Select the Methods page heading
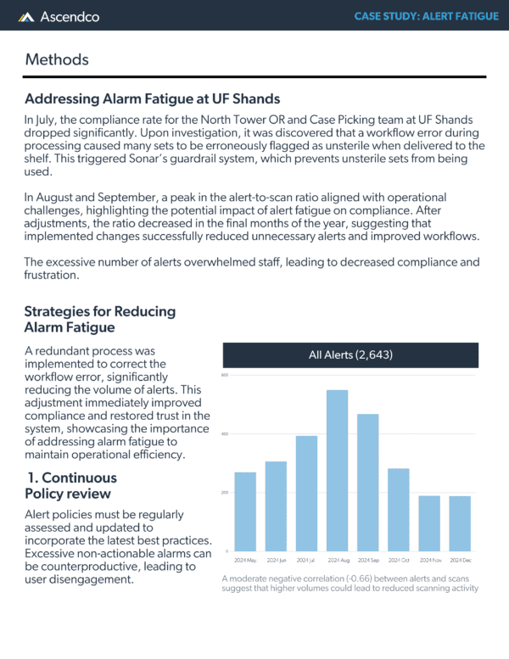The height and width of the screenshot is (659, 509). click(57, 59)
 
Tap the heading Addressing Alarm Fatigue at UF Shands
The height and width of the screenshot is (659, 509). click(153, 99)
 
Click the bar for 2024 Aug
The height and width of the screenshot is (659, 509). click(338, 470)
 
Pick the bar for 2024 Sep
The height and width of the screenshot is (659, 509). click(368, 482)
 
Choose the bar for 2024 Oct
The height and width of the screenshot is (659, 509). click(399, 509)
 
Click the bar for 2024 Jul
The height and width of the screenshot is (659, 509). click(306, 493)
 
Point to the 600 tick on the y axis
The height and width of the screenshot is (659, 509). click(226, 375)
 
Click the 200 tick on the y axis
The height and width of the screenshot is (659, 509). click(226, 493)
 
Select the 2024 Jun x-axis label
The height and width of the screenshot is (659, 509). click(277, 561)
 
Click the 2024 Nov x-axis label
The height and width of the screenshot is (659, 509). click(429, 561)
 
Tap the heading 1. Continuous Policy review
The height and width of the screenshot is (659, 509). click(76, 485)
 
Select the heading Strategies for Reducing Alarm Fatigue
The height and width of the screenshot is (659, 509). click(100, 320)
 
